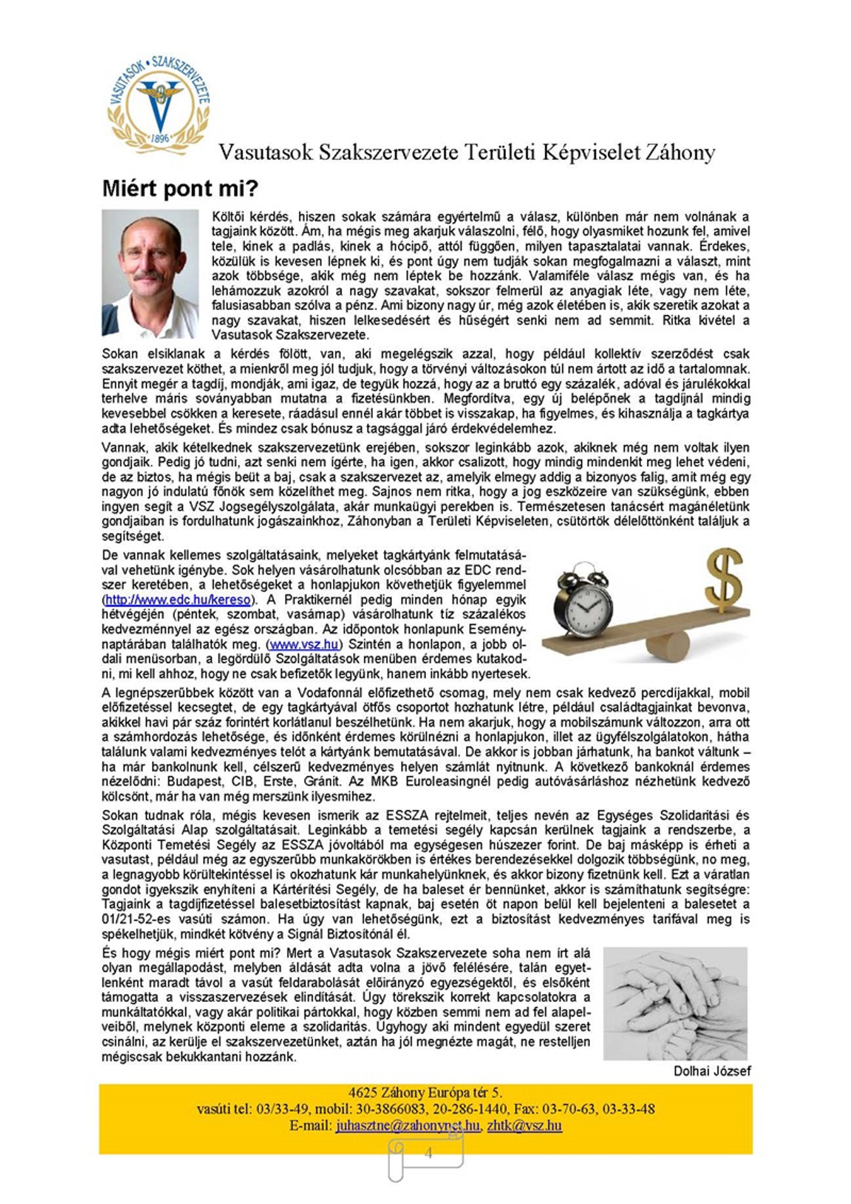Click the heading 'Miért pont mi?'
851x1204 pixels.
pyautogui.click(x=180, y=189)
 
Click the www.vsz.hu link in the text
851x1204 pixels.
pyautogui.click(x=305, y=644)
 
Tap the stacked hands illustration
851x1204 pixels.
pyautogui.click(x=675, y=1002)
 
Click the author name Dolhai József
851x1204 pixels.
pyautogui.click(x=712, y=1071)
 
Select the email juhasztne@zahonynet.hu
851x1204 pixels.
pyautogui.click(x=407, y=1126)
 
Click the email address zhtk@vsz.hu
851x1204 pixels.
pyautogui.click(x=524, y=1126)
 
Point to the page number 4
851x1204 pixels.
pyautogui.click(x=428, y=1152)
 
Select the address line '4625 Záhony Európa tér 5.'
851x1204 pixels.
pyautogui.click(x=425, y=1093)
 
